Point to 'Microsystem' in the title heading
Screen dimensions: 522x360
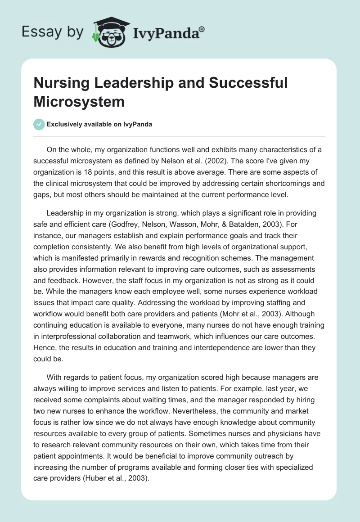[x=79, y=101]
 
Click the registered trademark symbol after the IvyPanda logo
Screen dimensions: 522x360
[x=202, y=29]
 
